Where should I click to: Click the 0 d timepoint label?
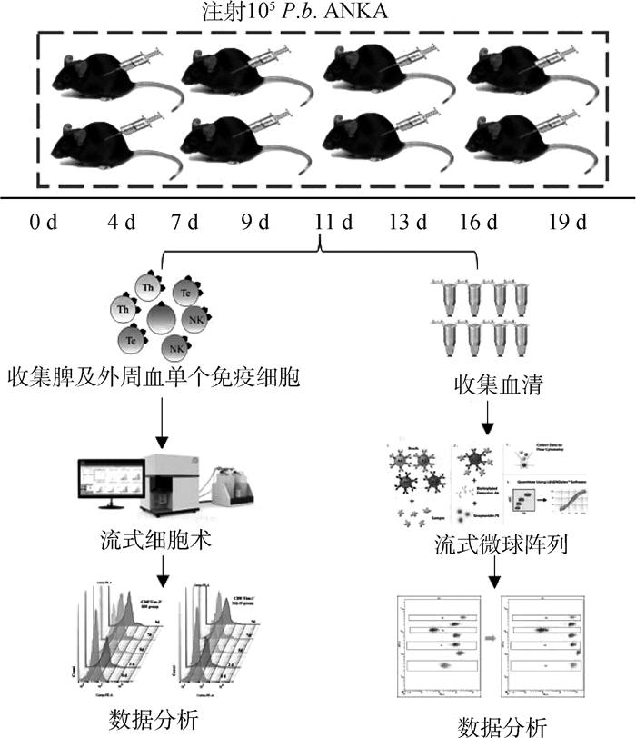click(x=43, y=224)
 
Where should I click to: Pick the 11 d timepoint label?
click(x=319, y=224)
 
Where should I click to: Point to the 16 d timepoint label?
click(x=479, y=224)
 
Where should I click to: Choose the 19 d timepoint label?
click(x=571, y=224)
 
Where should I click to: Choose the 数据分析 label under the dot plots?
click(x=502, y=723)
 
